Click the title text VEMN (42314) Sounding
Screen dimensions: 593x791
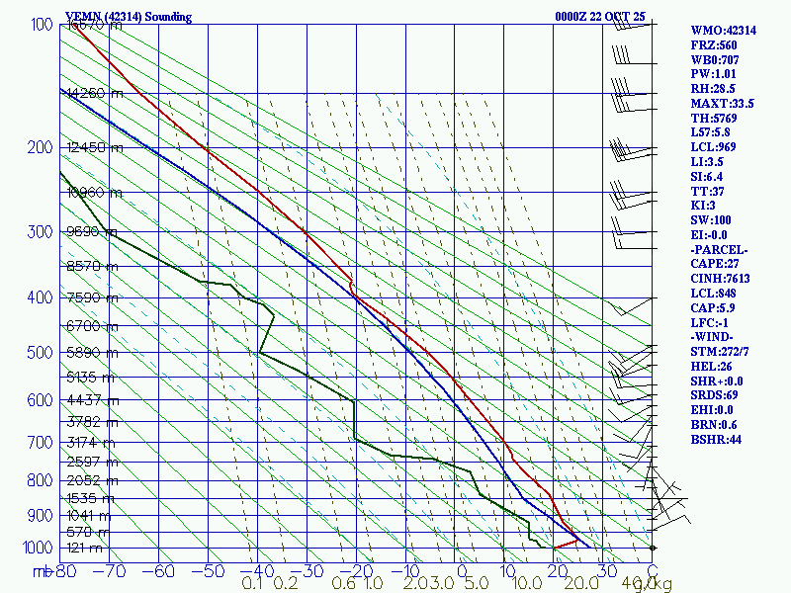[129, 17]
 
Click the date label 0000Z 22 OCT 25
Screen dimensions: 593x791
[601, 17]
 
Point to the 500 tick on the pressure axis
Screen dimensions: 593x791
[40, 353]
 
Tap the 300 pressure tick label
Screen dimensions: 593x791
[40, 232]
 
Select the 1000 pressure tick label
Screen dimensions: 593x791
[36, 548]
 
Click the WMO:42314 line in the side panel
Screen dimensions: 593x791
[723, 31]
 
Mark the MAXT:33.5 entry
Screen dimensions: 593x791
[722, 103]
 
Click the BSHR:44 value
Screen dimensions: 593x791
[716, 439]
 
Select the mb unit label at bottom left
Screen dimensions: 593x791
[43, 571]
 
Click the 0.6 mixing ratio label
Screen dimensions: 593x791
[344, 584]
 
